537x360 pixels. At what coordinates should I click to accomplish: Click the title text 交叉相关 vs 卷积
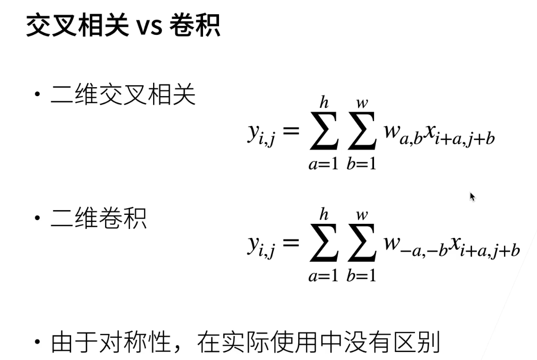coord(122,26)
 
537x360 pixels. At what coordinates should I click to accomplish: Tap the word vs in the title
coord(150,27)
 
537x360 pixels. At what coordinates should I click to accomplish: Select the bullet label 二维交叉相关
coord(122,95)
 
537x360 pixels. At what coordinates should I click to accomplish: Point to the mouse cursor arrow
coord(472,196)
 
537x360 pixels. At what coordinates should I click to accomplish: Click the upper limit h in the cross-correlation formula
coord(324,101)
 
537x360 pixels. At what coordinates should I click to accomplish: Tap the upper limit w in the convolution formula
coord(362,215)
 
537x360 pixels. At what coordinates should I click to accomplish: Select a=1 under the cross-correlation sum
coord(324,164)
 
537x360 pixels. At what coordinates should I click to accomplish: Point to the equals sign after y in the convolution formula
coord(291,243)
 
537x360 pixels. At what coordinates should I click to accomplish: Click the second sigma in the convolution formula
coord(362,244)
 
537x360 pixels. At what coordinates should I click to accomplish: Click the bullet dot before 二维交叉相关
coord(37,95)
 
